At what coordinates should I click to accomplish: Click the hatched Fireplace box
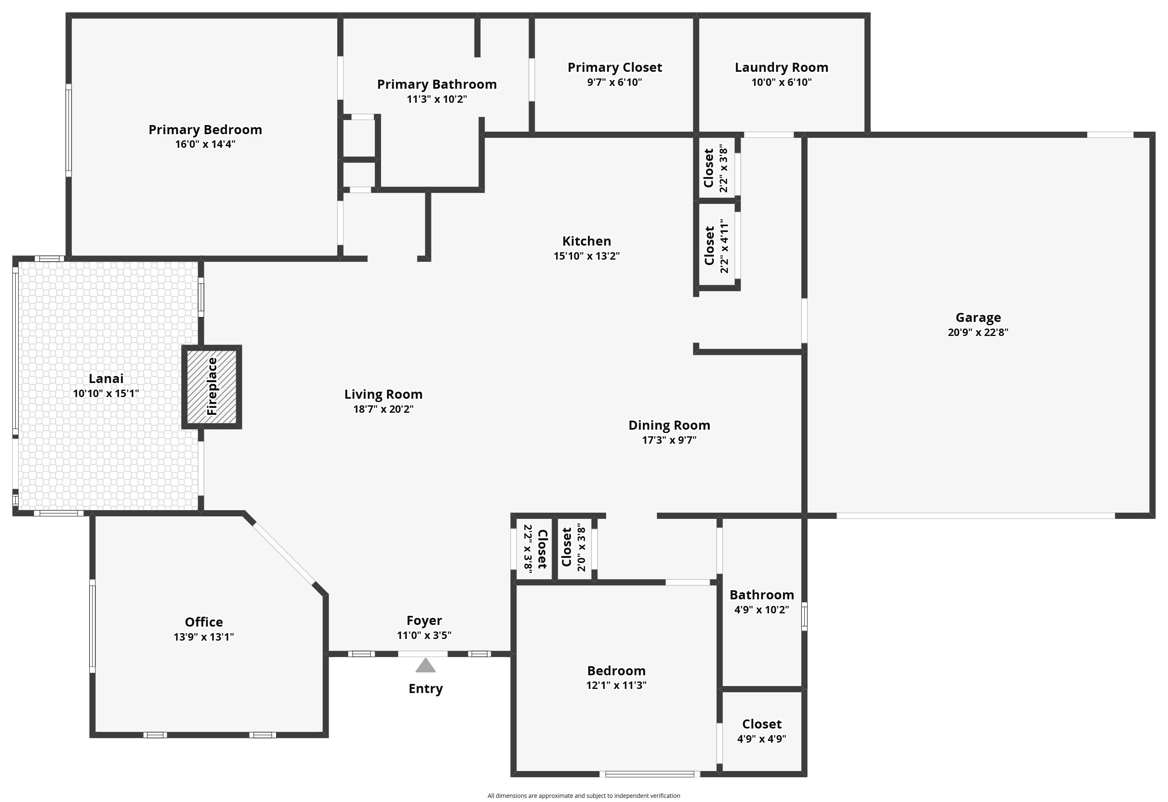tap(211, 387)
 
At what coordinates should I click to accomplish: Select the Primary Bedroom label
tap(205, 130)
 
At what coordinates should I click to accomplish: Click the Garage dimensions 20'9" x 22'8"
tap(978, 332)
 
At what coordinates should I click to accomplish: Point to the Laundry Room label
tap(782, 67)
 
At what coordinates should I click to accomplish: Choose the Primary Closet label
tap(615, 67)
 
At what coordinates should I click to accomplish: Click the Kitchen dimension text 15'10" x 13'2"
tap(587, 256)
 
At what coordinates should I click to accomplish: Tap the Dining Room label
tap(669, 425)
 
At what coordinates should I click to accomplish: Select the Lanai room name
tap(106, 379)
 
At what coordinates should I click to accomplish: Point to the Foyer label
tap(424, 621)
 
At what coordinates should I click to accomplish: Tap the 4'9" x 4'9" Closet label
tap(762, 724)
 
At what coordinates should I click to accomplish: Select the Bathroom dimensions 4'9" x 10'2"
tap(762, 610)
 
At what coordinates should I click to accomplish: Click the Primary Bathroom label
tap(437, 85)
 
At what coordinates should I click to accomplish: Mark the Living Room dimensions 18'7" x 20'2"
tap(384, 409)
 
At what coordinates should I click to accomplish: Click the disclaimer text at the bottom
tap(583, 795)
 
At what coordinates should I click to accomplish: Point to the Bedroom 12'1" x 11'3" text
tap(616, 685)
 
